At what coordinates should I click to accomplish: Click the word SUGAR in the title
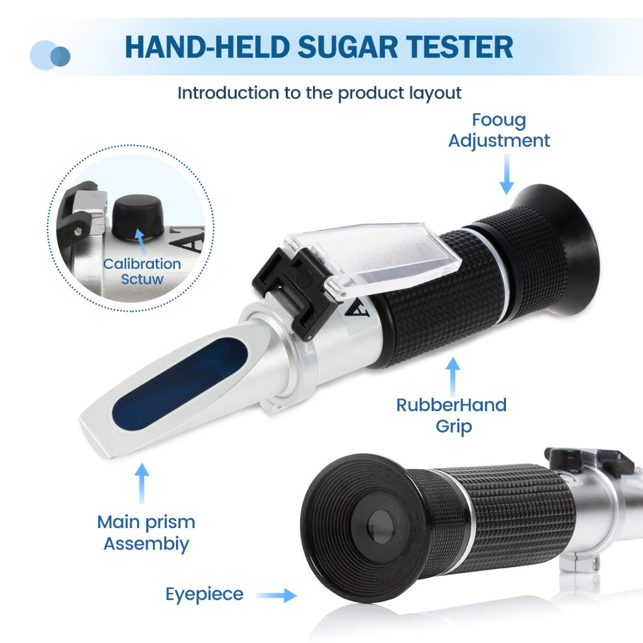click(347, 47)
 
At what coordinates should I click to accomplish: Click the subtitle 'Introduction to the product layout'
click(320, 93)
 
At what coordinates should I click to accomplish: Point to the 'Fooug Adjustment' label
click(499, 130)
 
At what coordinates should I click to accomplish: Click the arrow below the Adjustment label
click(507, 174)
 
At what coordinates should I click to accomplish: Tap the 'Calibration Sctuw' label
click(142, 271)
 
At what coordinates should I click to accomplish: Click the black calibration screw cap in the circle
click(138, 215)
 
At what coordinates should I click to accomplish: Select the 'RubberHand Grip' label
click(452, 416)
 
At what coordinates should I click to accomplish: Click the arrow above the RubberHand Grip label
click(453, 377)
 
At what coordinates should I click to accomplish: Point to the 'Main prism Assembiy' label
click(146, 533)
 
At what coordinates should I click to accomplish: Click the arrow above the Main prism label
click(142, 483)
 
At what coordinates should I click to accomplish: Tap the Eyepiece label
click(204, 594)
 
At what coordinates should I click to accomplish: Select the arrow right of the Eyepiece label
click(277, 595)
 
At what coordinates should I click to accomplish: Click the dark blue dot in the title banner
click(60, 56)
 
